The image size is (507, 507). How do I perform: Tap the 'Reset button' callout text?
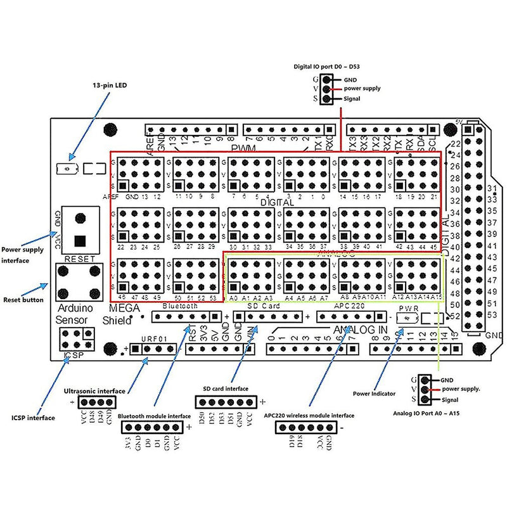click(x=23, y=299)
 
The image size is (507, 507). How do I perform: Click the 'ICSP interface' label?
click(x=33, y=418)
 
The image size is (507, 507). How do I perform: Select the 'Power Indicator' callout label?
click(x=374, y=394)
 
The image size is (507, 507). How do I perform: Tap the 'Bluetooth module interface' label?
click(x=154, y=416)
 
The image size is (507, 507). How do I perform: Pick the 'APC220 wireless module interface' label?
click(x=309, y=415)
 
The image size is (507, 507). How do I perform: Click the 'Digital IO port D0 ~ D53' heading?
click(x=326, y=66)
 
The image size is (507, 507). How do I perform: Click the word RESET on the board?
click(x=79, y=259)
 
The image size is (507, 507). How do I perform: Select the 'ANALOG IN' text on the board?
click(x=360, y=329)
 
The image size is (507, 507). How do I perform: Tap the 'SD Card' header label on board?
click(x=262, y=306)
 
